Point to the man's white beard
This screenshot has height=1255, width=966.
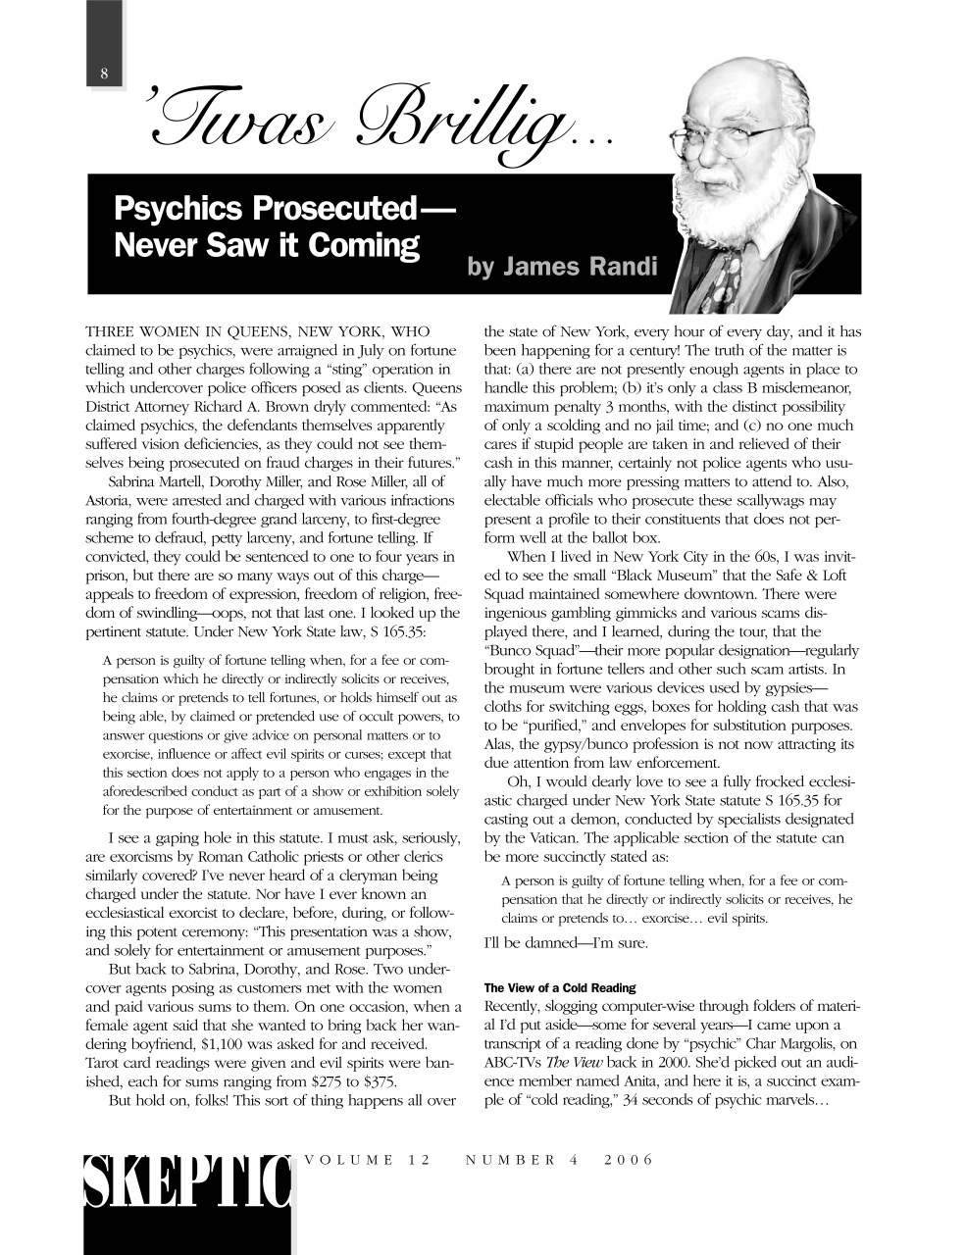(731, 201)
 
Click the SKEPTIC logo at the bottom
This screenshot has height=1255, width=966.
(187, 1185)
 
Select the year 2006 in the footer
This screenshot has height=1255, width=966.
(629, 1160)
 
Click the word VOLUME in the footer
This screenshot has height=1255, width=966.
(347, 1160)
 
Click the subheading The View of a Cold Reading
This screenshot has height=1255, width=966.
(560, 987)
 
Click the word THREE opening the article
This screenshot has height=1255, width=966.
(112, 331)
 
